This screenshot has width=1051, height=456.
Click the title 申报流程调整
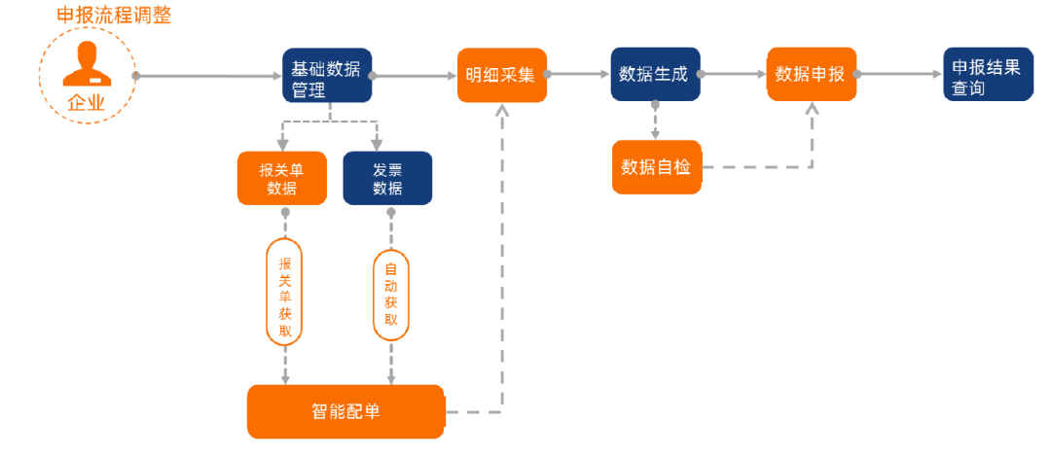(x=114, y=16)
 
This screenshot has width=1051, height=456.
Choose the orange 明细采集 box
(x=501, y=75)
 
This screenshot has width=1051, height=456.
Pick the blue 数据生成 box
(x=655, y=74)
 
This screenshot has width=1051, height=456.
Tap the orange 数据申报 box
(x=811, y=74)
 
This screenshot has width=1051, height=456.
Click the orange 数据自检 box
(x=656, y=167)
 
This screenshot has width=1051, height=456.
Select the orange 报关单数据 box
(x=281, y=178)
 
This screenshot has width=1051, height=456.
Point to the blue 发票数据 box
(x=387, y=178)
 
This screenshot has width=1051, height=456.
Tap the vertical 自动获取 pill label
(x=391, y=295)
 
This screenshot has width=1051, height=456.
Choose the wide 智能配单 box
(x=345, y=411)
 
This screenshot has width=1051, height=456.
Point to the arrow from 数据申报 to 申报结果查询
(x=900, y=74)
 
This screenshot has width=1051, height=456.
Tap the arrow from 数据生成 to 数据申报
(x=734, y=74)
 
